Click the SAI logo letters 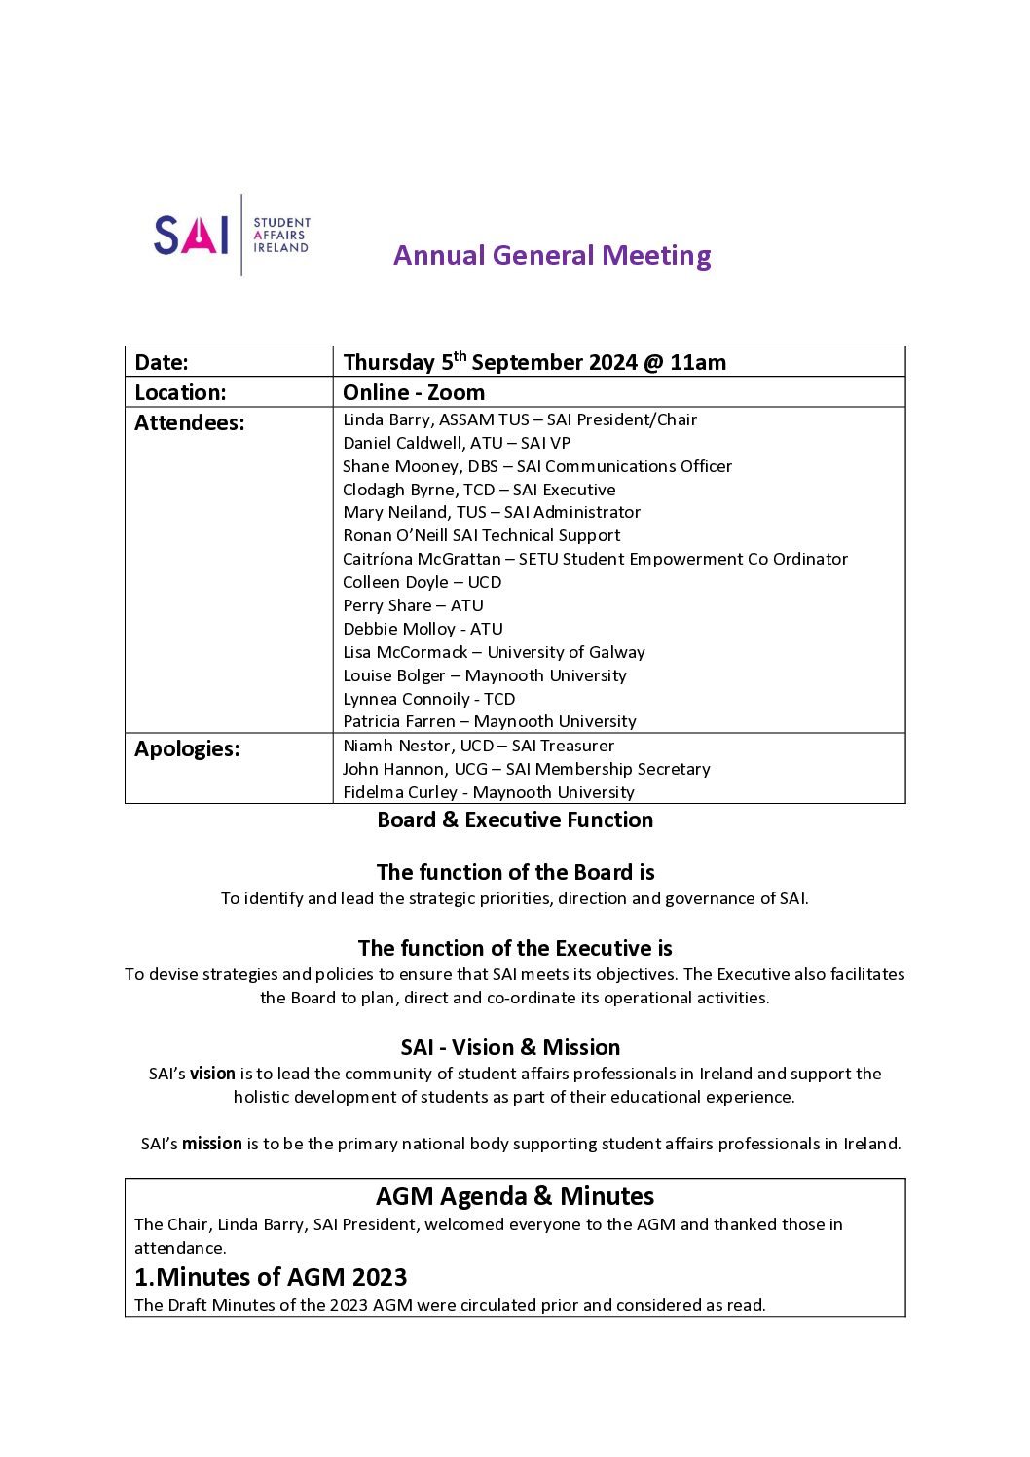(191, 235)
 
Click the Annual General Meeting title (552, 255)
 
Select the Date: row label (162, 362)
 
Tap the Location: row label (180, 392)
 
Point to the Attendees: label (190, 422)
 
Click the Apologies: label (187, 748)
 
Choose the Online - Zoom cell (414, 392)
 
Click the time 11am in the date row (698, 362)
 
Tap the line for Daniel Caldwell (457, 443)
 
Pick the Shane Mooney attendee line (536, 466)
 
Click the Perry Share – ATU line (413, 605)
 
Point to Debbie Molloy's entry (423, 629)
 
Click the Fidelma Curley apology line (488, 792)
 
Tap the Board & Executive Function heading (515, 820)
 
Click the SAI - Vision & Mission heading (510, 1047)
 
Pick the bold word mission (212, 1144)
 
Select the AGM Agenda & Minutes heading (515, 1196)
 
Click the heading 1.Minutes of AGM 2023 (271, 1277)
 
